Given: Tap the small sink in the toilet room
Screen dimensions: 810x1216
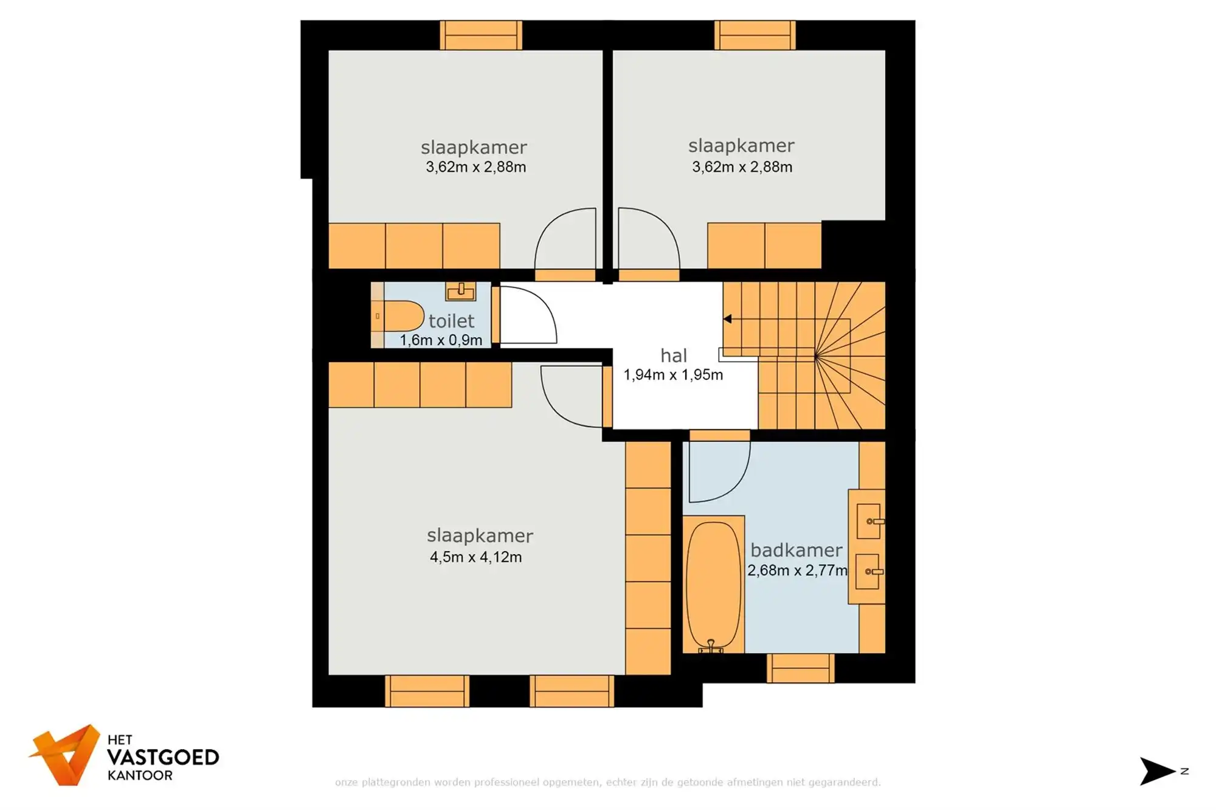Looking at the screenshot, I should (x=460, y=291).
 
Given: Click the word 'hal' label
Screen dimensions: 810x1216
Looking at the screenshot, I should (x=674, y=355).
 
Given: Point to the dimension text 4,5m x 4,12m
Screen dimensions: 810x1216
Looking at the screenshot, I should (x=475, y=557).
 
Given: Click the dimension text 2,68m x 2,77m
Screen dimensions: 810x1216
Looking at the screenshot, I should (x=797, y=571).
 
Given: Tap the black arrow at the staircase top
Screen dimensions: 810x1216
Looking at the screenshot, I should (x=727, y=318).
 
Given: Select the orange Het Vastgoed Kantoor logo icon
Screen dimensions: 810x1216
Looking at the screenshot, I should (x=66, y=755).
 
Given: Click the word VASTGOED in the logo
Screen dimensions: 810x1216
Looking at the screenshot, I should (x=163, y=757).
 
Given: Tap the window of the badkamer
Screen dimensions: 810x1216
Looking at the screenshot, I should (x=800, y=668).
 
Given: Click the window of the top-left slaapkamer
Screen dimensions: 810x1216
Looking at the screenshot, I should (x=480, y=35).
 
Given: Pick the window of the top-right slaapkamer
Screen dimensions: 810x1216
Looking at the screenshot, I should (x=755, y=35).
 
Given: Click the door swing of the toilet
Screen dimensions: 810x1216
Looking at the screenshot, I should (x=526, y=316).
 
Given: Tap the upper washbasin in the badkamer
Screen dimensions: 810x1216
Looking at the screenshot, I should (x=868, y=521).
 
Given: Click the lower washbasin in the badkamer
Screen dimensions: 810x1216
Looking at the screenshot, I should (x=867, y=571).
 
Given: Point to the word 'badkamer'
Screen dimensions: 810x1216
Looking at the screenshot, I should (x=796, y=550).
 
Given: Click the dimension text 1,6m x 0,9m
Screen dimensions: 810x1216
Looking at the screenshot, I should (x=441, y=340).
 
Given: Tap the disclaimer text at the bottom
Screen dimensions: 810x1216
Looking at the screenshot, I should (x=607, y=782).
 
